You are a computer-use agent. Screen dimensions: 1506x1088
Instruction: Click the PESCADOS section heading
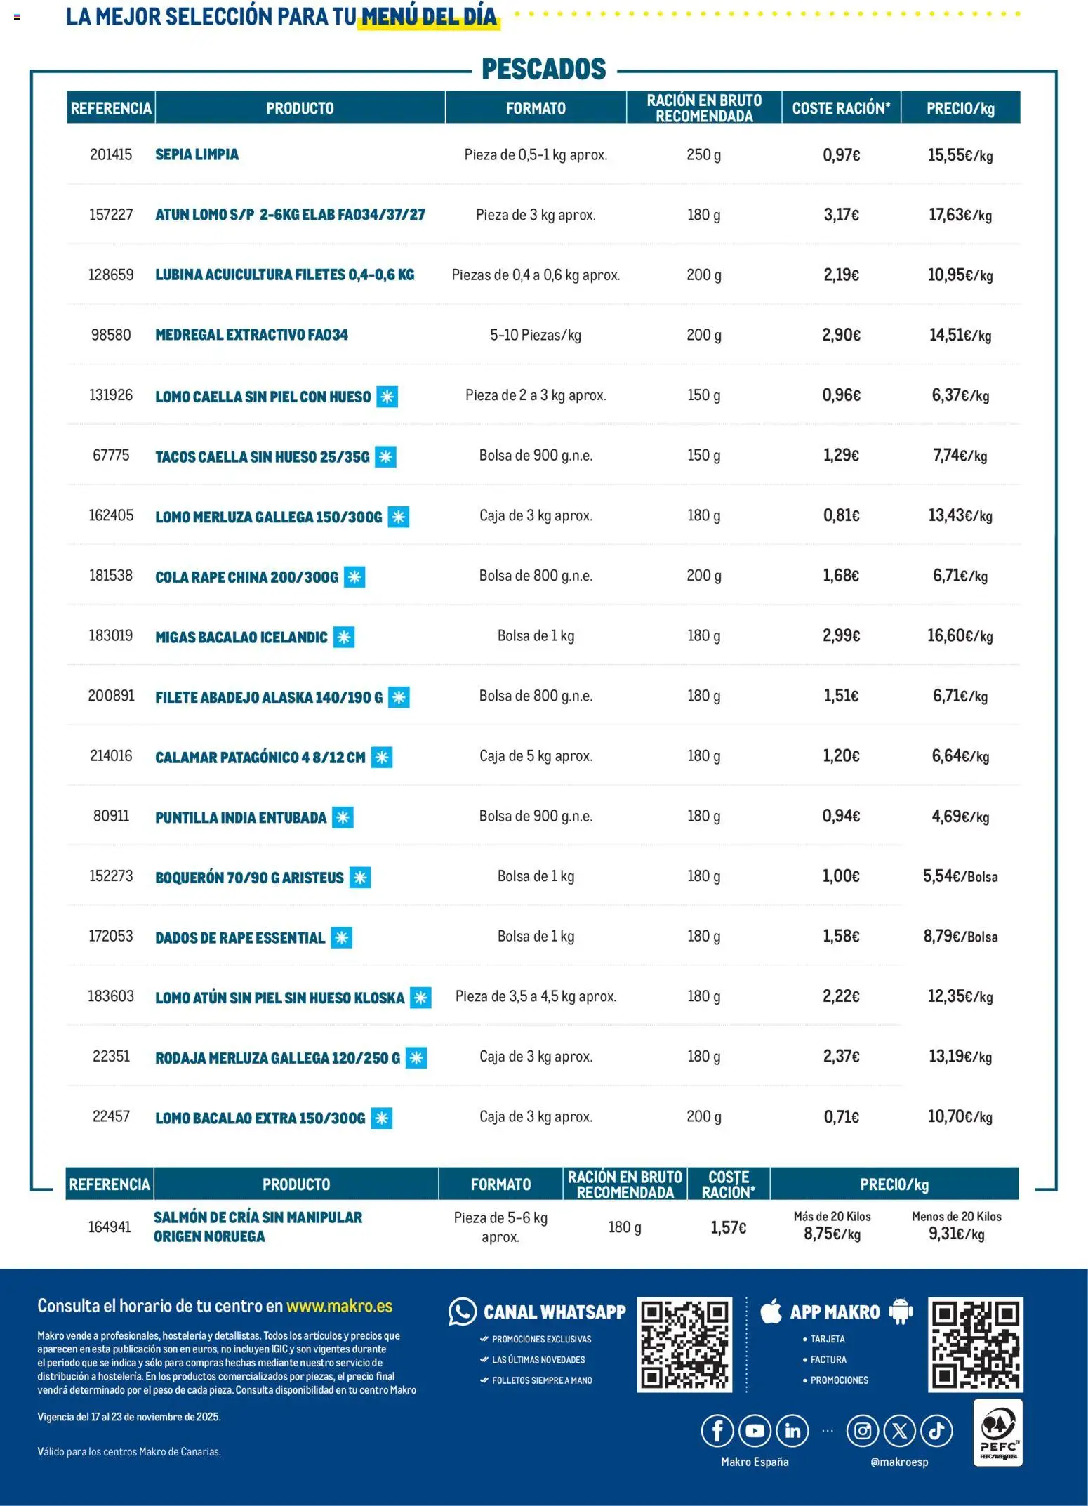click(x=543, y=70)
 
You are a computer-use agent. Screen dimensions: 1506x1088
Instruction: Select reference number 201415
click(x=111, y=154)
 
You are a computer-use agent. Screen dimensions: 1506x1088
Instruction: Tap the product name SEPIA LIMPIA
click(x=197, y=154)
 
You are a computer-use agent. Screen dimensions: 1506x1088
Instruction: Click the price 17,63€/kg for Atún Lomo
click(x=960, y=215)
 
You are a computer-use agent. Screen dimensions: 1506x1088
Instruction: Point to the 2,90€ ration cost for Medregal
click(x=841, y=335)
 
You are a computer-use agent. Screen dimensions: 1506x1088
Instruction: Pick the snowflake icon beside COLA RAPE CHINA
click(x=354, y=577)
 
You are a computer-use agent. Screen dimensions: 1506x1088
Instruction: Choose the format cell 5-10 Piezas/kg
click(x=536, y=335)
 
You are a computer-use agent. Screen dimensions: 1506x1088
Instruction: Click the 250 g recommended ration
click(x=703, y=154)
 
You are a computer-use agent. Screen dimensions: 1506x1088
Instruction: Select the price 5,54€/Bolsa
click(x=960, y=876)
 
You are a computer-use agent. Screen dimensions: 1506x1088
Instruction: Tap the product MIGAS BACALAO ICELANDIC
click(x=241, y=638)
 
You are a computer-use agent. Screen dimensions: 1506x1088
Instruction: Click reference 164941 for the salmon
click(x=110, y=1227)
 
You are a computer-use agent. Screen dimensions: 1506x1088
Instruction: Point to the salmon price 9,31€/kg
click(x=956, y=1234)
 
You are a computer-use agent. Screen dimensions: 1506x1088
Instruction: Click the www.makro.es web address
click(x=339, y=1307)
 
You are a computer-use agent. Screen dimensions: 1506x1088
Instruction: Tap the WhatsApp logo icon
click(x=463, y=1312)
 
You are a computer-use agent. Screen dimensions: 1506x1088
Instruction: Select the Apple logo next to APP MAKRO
click(x=771, y=1311)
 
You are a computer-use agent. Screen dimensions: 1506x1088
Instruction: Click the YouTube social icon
click(x=755, y=1430)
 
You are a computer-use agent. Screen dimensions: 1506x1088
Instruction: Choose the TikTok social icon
click(x=936, y=1430)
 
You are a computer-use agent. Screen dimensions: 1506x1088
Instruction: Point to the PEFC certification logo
click(x=998, y=1432)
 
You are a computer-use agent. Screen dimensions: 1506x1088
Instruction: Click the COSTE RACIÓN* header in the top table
click(x=841, y=108)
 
